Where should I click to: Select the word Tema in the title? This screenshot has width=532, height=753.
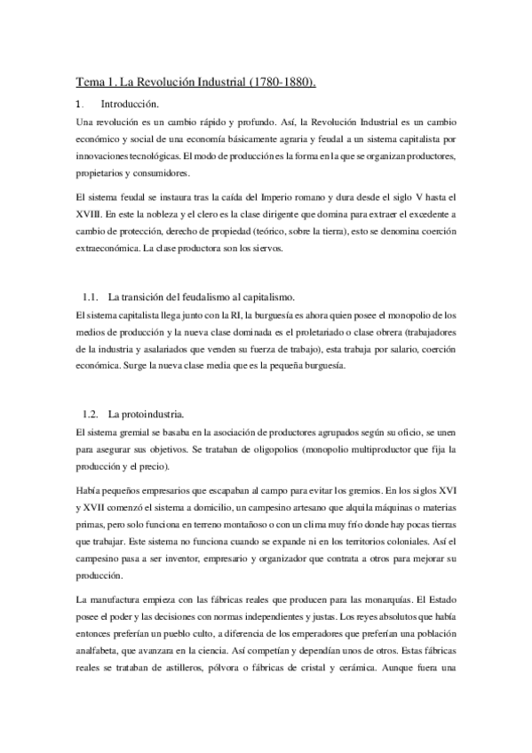(x=88, y=83)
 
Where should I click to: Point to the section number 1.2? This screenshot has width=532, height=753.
(x=90, y=414)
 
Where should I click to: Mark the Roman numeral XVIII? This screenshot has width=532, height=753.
(x=91, y=216)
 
